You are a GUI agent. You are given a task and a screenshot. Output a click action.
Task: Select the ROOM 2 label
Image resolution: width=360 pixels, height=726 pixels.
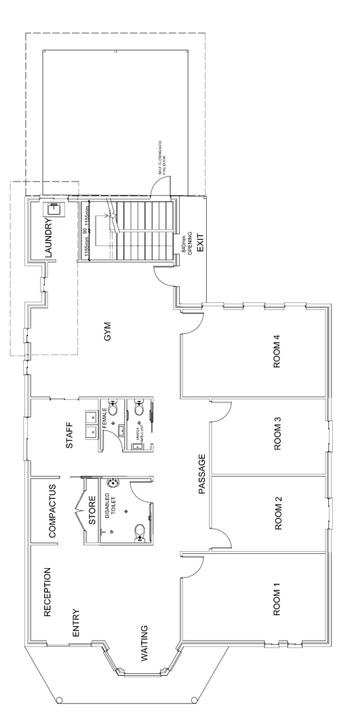277,513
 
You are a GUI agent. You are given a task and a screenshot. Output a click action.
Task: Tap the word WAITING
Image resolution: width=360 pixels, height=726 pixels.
144,643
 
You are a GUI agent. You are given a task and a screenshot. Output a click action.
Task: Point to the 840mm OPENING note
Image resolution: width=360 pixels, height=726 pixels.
186,241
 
